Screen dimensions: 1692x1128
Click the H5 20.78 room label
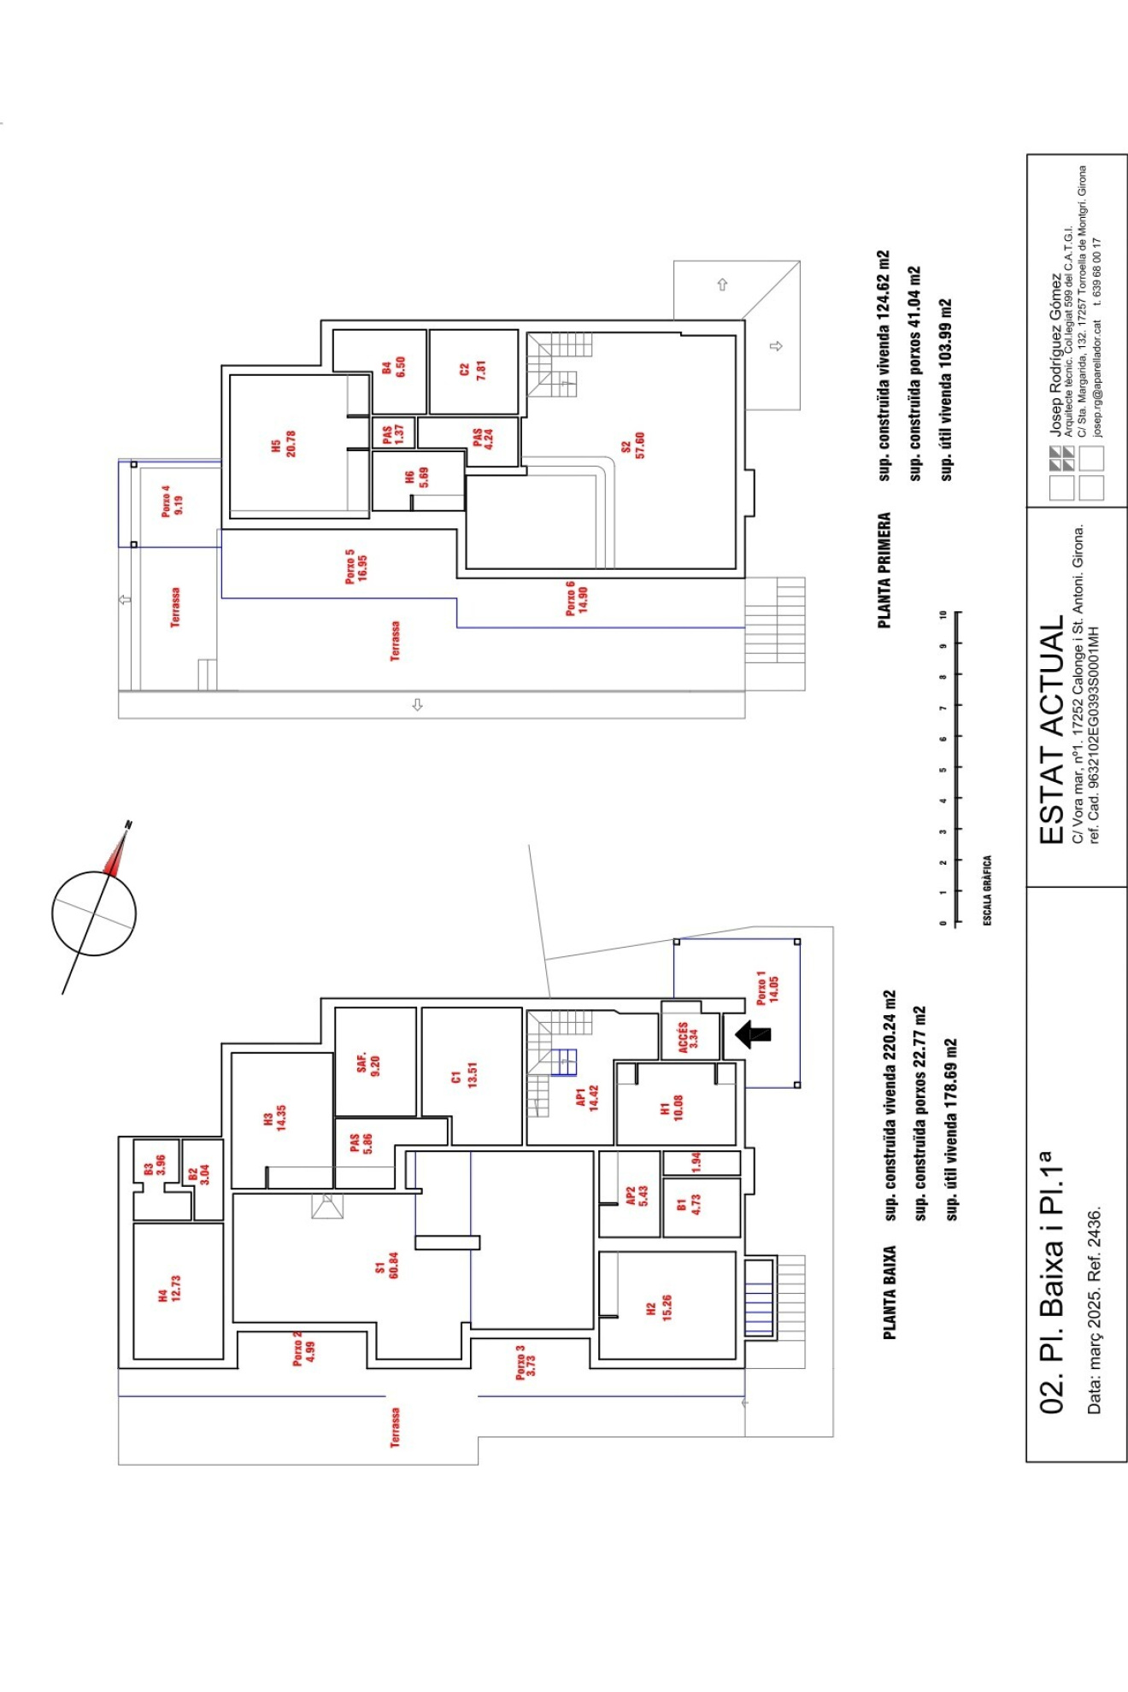(x=284, y=444)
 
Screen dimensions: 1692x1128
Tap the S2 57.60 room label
(x=633, y=445)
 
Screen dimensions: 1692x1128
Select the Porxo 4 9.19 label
(x=172, y=501)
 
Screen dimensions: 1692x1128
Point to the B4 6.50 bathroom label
(x=393, y=367)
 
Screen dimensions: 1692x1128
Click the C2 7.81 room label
(x=473, y=369)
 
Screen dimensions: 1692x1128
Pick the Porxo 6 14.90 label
(x=577, y=598)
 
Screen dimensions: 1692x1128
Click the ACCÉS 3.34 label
(x=688, y=1035)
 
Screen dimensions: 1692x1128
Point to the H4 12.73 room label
(x=169, y=1288)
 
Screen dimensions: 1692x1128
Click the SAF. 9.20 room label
(x=368, y=1063)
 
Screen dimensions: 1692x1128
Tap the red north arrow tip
(x=125, y=833)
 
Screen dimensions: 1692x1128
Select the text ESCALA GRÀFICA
(x=987, y=890)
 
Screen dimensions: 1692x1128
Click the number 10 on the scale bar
(x=943, y=614)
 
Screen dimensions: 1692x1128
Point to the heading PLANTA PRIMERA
(x=884, y=570)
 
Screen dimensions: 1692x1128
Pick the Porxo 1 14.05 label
(x=767, y=987)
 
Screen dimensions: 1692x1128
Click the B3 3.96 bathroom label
(x=154, y=1166)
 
